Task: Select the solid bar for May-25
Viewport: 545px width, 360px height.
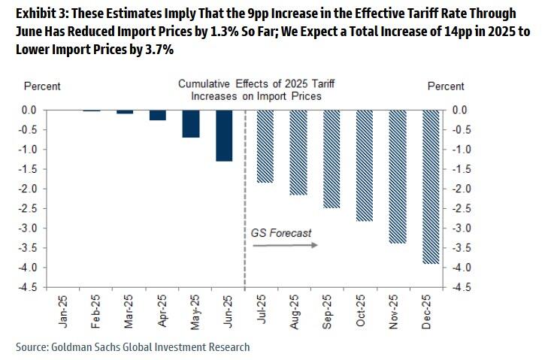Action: tap(191, 124)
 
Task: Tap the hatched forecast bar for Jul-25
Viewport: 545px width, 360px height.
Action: tap(265, 147)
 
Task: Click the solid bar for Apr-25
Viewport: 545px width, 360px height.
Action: tap(158, 115)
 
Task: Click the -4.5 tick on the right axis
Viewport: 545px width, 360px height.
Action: tap(461, 287)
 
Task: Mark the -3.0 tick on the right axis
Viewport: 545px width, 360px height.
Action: tap(461, 228)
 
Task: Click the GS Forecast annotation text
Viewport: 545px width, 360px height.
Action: tap(281, 233)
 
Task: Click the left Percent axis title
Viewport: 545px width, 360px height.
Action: tap(42, 86)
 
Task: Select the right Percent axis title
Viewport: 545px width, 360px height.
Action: tap(446, 86)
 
